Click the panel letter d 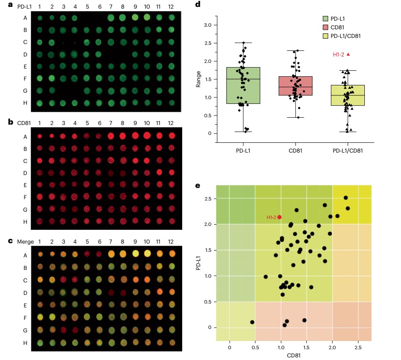[x=198, y=5]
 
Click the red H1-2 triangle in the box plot [x=348, y=54]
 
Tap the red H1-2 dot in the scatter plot [x=280, y=217]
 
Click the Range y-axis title [x=199, y=79]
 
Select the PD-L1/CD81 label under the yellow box [x=347, y=150]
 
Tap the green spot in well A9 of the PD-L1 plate [x=135, y=17]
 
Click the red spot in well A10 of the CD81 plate [x=147, y=136]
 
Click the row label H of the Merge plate [x=25, y=343]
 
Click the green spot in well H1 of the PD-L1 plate [x=40, y=103]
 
